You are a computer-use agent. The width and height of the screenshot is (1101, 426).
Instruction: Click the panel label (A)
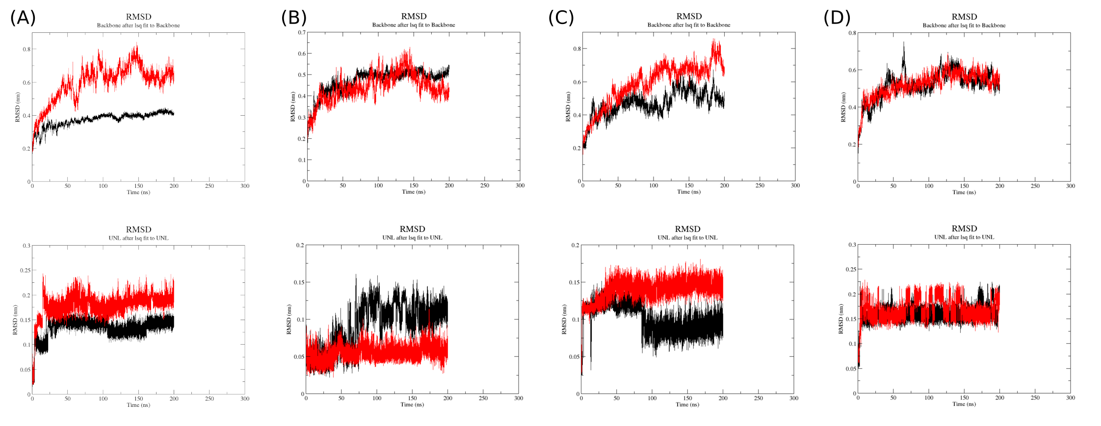click(x=23, y=18)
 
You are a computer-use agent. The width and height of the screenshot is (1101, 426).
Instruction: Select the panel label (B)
click(x=294, y=18)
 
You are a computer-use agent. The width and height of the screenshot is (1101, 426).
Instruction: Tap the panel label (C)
click(x=561, y=18)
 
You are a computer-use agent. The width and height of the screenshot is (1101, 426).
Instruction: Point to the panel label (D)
click(x=837, y=18)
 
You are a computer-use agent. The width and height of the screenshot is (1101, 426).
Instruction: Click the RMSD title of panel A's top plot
click(x=138, y=17)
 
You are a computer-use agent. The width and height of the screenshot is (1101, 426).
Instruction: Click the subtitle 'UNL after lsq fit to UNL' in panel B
click(x=412, y=238)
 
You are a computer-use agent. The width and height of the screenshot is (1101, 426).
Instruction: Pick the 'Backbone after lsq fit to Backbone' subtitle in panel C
click(x=688, y=25)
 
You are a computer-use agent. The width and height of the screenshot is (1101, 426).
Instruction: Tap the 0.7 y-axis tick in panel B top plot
click(x=301, y=33)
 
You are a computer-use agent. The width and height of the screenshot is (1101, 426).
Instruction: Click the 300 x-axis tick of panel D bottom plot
click(x=1070, y=398)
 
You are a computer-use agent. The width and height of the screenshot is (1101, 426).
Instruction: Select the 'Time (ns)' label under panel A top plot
click(x=138, y=192)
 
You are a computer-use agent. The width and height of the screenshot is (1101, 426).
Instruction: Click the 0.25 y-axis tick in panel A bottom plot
click(x=25, y=270)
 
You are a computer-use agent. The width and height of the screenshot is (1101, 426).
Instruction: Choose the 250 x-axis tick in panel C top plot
click(x=760, y=186)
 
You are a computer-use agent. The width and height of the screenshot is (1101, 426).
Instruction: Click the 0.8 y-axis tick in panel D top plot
click(x=853, y=33)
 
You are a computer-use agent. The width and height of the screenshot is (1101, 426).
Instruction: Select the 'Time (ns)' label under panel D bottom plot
click(x=964, y=404)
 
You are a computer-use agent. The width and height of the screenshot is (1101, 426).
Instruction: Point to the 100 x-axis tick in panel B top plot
click(x=378, y=186)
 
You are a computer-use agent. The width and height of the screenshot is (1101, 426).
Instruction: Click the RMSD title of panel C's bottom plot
click(x=687, y=229)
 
